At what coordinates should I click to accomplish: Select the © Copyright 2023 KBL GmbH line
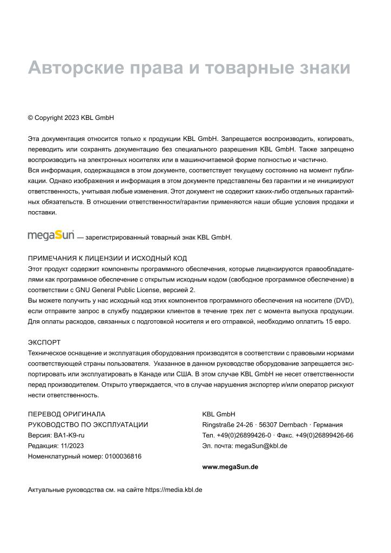(x=71, y=117)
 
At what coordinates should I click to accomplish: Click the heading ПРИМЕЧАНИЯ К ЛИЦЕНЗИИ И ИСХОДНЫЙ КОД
(x=107, y=258)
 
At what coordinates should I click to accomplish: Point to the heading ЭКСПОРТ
(x=44, y=342)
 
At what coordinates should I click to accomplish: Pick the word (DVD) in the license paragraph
(x=343, y=300)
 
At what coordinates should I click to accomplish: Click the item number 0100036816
(x=123, y=456)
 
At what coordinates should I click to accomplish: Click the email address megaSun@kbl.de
(x=261, y=446)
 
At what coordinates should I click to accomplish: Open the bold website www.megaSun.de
(x=230, y=467)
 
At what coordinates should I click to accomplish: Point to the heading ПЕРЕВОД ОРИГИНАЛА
(x=66, y=414)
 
